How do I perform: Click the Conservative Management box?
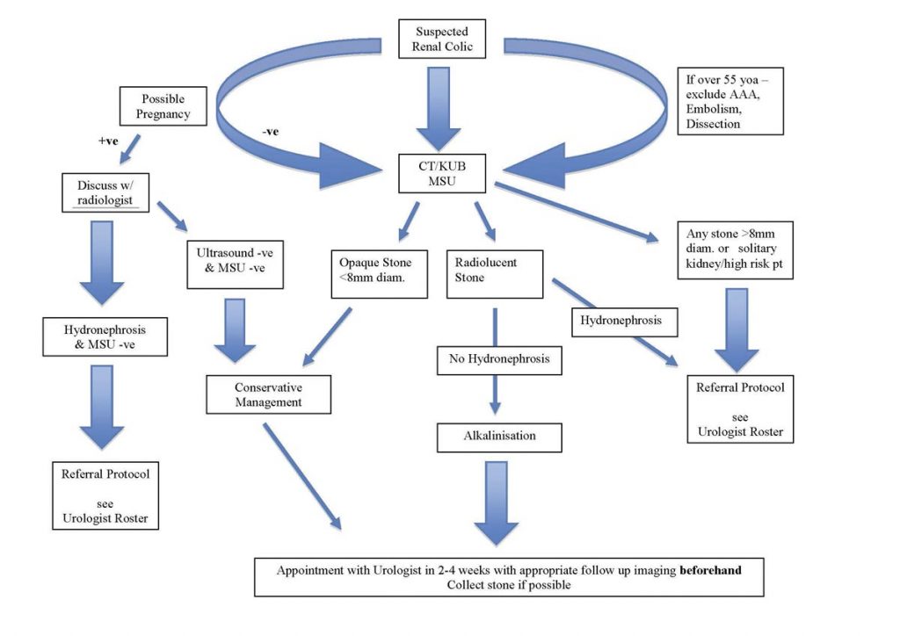(268, 394)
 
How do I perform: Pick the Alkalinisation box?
(499, 436)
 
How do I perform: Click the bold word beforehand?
(710, 569)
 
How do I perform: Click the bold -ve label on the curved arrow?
(272, 133)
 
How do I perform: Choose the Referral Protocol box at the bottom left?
(105, 496)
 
